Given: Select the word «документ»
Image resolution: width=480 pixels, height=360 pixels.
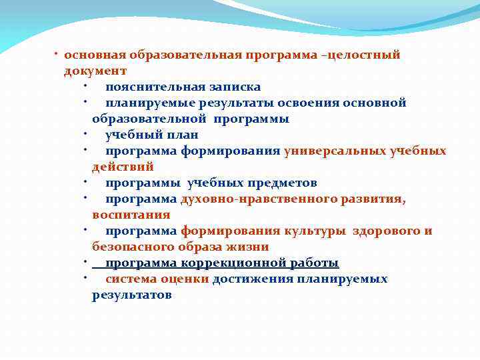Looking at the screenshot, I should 95,71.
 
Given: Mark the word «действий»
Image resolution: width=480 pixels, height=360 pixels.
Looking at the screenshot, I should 123,167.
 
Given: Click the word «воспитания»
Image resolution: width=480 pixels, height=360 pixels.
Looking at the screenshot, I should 131,215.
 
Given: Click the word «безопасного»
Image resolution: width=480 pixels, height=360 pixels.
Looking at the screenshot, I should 132,247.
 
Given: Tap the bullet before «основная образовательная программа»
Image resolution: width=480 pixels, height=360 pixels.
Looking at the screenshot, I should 59,53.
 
